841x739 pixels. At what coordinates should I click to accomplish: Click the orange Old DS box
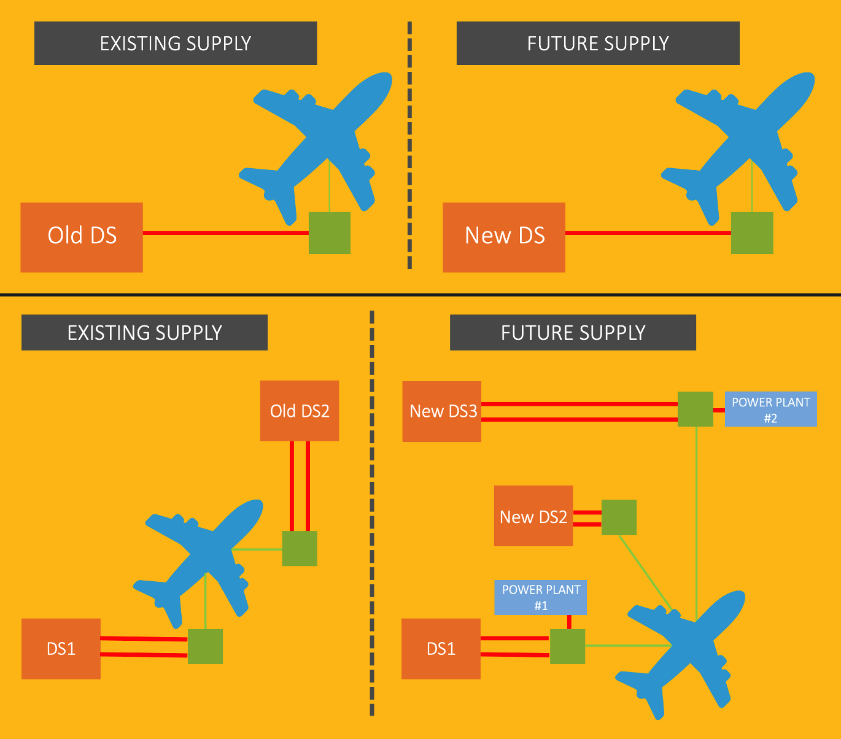82,237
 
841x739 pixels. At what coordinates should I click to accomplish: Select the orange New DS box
503,237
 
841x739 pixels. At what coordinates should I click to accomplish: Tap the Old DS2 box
300,411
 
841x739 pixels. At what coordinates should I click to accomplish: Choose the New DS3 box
441,411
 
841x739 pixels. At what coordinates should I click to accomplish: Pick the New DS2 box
533,516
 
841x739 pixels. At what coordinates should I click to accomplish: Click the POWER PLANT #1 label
540,597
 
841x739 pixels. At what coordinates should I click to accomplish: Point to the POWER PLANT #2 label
770,409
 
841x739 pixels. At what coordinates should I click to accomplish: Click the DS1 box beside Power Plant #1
441,649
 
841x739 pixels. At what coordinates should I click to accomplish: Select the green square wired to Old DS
329,233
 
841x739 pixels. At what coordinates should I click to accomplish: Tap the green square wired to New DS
751,233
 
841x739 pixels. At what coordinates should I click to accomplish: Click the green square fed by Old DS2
300,548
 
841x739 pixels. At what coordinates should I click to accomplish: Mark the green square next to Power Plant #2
695,409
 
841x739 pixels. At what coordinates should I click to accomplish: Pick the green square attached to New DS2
619,517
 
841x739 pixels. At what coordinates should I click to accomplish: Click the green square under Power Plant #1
567,646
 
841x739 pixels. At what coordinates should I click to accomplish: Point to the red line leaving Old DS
225,233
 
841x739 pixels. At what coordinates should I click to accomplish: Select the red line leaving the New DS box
648,233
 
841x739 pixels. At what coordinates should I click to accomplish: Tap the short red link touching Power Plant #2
719,410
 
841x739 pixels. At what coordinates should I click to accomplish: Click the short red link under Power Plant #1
569,622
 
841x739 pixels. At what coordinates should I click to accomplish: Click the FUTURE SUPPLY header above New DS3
573,333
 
